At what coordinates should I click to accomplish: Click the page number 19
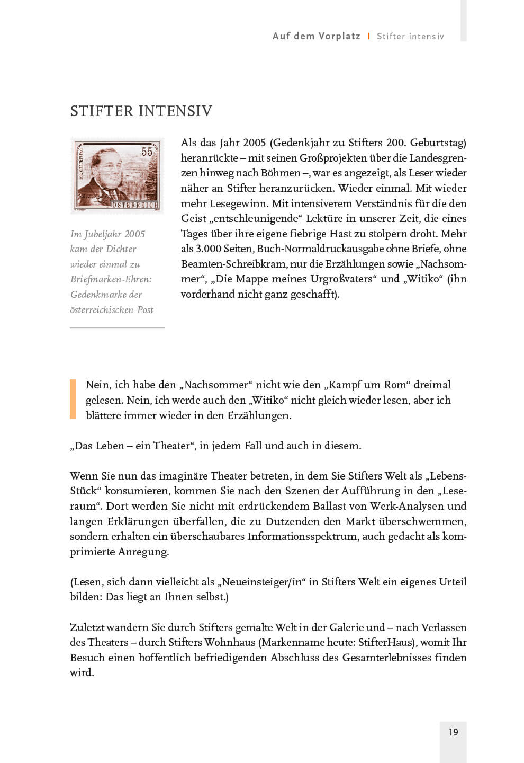pos(453,732)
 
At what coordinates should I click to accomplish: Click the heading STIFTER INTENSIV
pos(141,111)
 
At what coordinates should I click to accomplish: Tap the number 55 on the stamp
pos(147,152)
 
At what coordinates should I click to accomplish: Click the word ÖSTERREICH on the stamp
pos(134,205)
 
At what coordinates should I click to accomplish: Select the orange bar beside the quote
pos(73,400)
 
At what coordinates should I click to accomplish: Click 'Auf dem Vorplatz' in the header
pos(316,36)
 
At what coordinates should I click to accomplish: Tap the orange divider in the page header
pos(369,36)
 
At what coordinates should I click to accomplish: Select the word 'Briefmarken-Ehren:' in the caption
pos(111,279)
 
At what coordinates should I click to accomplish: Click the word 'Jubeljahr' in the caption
pos(103,234)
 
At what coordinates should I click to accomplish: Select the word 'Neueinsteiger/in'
pos(261,582)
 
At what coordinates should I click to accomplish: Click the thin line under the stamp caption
pos(118,327)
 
